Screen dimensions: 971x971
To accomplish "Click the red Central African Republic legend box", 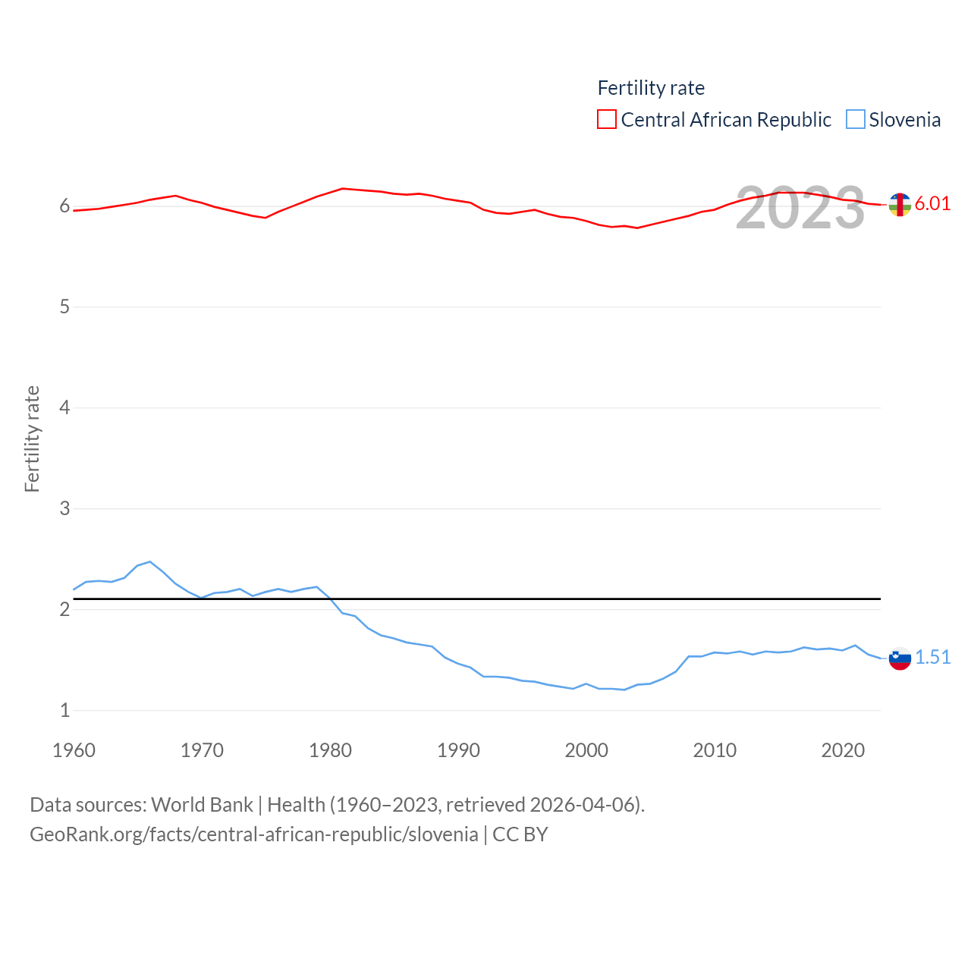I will coord(607,120).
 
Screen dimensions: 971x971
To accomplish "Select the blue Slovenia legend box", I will coord(856,120).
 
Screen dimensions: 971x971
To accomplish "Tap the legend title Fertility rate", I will coord(651,88).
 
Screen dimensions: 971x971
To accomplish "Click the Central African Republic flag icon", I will coord(900,204).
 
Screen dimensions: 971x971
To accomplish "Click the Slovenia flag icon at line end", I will coord(900,658).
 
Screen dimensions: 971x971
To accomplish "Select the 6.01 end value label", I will coord(932,203).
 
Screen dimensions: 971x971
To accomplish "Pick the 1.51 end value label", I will coord(932,657).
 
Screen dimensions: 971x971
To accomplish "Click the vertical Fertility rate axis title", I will coord(32,438).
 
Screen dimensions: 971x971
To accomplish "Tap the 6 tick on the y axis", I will coord(64,206).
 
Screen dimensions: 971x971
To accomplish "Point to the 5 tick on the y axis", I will coord(64,307).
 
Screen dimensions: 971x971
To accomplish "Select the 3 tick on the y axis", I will coord(64,508).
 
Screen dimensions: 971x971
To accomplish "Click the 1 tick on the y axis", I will coord(64,710).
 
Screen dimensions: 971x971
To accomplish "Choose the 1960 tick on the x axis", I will coord(74,750).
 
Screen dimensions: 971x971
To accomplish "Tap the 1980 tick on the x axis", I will coord(330,750).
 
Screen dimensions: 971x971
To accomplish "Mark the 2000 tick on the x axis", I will coord(586,750).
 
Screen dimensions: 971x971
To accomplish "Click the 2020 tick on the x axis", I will coord(843,750).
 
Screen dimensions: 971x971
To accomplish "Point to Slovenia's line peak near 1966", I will coord(150,562).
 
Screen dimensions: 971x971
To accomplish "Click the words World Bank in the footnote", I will coord(202,804).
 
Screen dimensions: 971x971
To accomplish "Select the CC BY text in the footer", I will coord(520,834).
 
